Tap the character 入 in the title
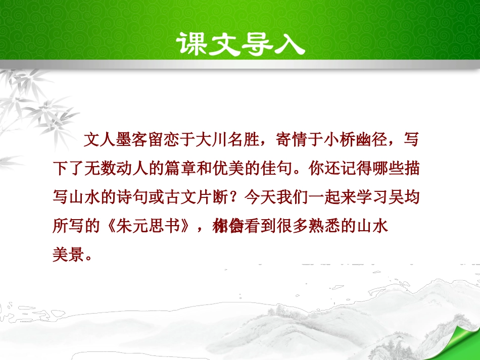click(289, 43)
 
